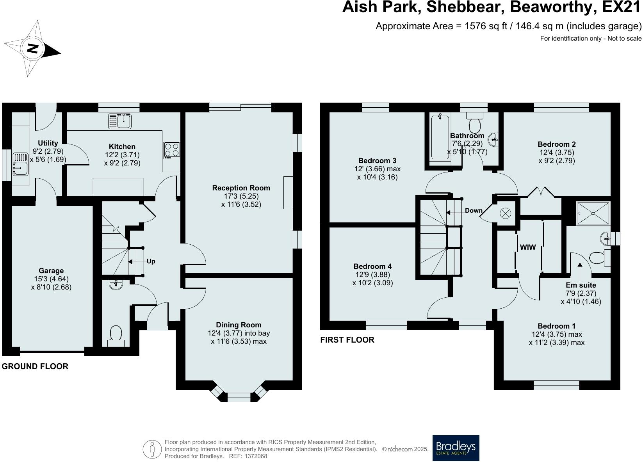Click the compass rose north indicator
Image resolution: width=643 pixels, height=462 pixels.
click(33, 49)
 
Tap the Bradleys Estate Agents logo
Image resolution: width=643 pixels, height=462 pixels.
click(456, 448)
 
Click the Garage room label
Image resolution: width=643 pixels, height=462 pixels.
click(51, 270)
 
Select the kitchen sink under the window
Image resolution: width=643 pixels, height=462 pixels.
click(120, 121)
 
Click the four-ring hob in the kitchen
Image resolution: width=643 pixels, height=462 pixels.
click(172, 150)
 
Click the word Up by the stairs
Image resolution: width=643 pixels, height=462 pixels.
click(151, 261)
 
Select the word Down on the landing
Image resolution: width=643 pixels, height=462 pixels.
click(474, 210)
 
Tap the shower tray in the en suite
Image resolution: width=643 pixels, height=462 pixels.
click(593, 213)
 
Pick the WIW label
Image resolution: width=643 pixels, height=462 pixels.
click(528, 247)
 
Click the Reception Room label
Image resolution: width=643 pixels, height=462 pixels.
click(241, 188)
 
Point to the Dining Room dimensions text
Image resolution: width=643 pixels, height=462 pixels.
click(239, 338)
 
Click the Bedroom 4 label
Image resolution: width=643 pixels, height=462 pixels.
click(372, 267)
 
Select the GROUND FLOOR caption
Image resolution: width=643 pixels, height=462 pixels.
click(35, 366)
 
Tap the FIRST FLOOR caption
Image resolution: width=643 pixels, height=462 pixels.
click(347, 340)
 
